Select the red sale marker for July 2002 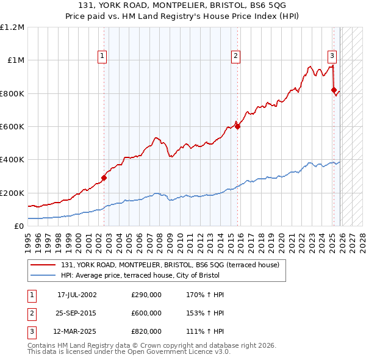[104, 178]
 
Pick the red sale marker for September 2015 [238, 127]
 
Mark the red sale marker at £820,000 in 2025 [334, 90]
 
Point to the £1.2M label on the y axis [13, 27]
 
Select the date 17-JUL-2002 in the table [76, 295]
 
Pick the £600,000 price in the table [146, 313]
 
